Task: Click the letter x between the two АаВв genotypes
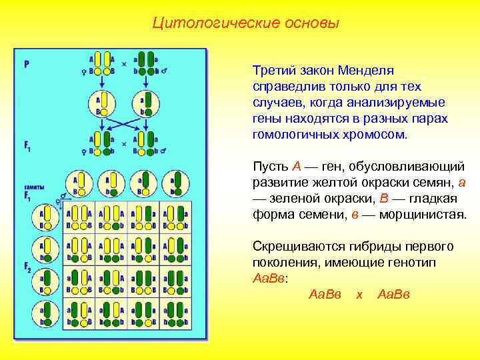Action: click(359, 294)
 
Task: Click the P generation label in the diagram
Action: click(27, 64)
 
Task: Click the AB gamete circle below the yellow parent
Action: click(100, 103)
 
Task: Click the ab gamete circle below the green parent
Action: click(145, 103)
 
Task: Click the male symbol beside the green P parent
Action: click(164, 70)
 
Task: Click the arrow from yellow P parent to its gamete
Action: click(100, 83)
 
